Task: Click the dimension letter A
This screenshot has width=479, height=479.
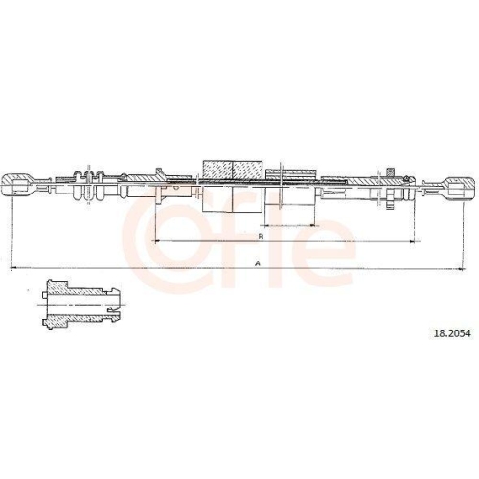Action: tap(258, 263)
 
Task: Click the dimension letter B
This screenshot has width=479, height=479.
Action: tap(261, 237)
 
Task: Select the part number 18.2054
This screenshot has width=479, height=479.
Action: tap(452, 333)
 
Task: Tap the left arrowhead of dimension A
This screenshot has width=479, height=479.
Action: tap(13, 268)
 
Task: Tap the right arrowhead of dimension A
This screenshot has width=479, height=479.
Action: tap(461, 269)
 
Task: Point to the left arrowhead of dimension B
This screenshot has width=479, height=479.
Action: tap(157, 241)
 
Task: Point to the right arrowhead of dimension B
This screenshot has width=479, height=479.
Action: tap(412, 241)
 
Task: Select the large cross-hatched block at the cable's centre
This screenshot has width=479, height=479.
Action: tap(233, 170)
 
